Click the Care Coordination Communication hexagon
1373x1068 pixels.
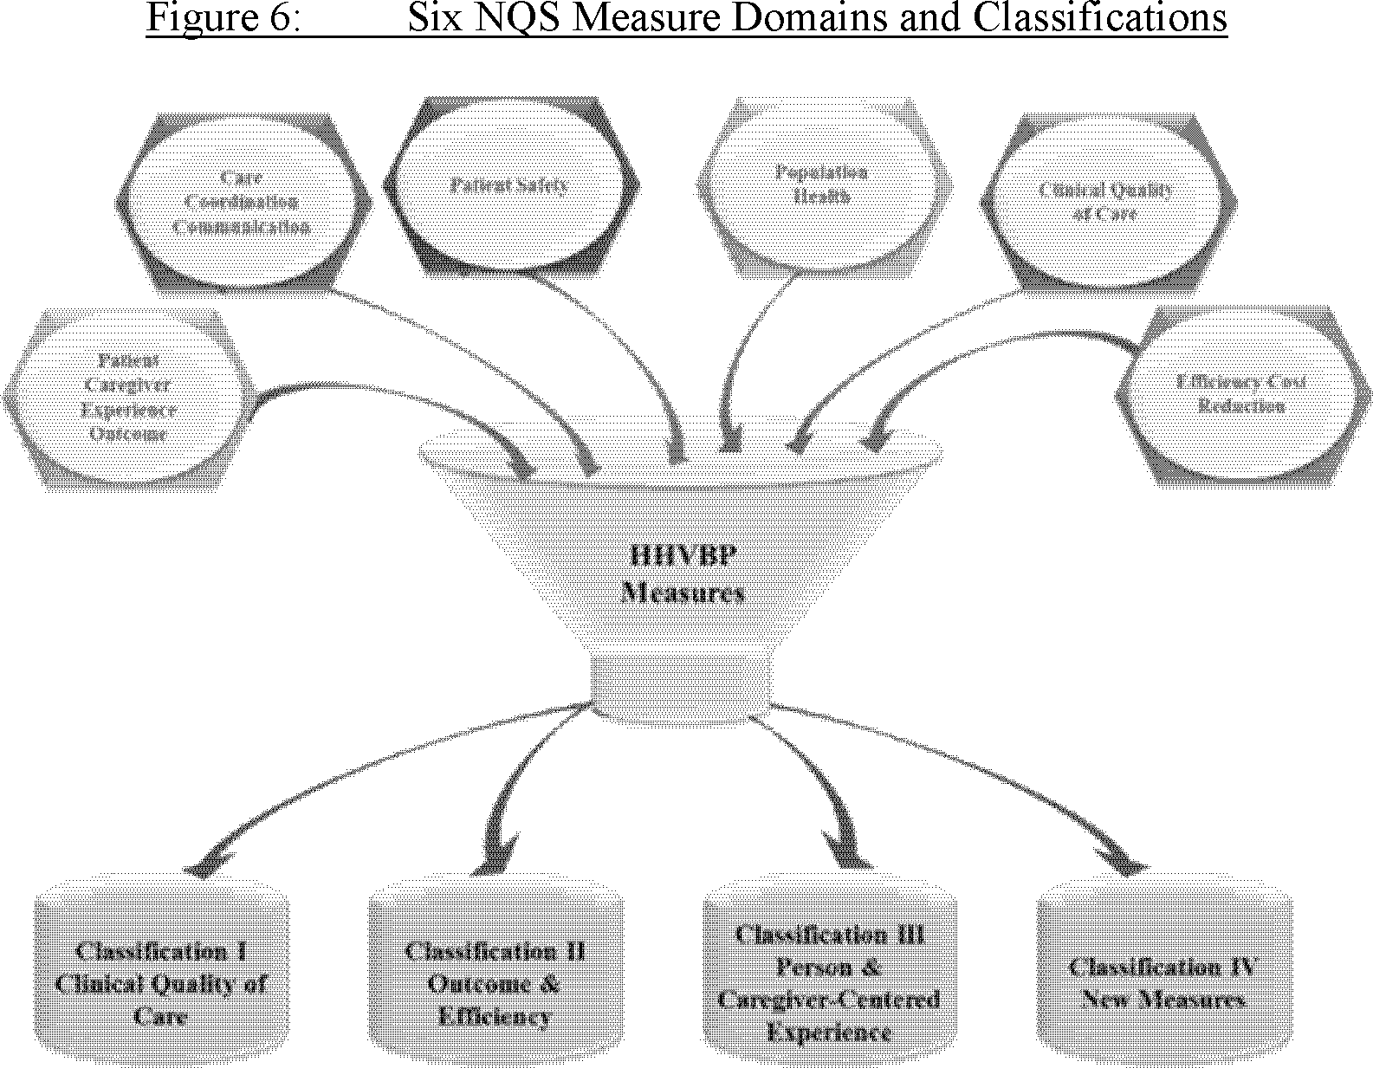243,202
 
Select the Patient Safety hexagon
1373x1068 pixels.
511,184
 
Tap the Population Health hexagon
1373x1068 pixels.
821,184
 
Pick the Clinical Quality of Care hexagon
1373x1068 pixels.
1106,201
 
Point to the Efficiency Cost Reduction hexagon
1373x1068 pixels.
1240,394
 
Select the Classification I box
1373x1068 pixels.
162,983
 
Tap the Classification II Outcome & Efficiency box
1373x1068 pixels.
495,983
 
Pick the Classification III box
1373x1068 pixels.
830,983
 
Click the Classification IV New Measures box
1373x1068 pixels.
1163,983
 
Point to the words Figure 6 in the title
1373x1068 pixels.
222,17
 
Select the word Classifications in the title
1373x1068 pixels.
1099,17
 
